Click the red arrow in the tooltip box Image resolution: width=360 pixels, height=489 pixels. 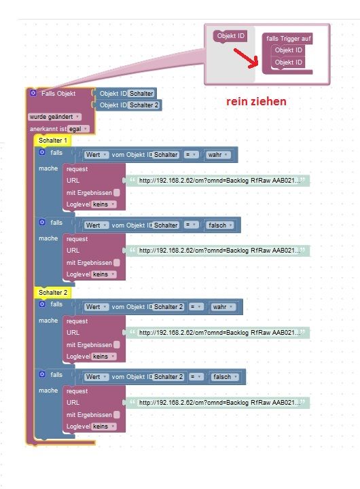[247, 58]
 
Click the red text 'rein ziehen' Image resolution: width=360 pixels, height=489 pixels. [256, 101]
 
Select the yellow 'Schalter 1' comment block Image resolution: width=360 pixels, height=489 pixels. [53, 141]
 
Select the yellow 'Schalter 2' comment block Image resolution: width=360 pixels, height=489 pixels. [53, 292]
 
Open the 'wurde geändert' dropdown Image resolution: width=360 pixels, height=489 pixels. [54, 117]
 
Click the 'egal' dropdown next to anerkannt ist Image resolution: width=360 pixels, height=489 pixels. [78, 129]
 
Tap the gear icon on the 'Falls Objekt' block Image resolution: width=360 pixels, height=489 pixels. [33, 93]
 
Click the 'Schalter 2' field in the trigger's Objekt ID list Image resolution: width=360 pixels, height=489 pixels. [144, 105]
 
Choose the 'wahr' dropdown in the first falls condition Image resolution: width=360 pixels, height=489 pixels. [217, 155]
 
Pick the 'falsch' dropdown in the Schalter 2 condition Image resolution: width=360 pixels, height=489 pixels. [225, 377]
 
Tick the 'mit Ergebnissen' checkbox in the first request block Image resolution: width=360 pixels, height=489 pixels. [117, 193]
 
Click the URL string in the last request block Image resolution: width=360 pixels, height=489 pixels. [218, 403]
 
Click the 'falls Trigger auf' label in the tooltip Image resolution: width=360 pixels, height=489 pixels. [288, 39]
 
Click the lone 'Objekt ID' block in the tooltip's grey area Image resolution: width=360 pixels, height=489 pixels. [230, 36]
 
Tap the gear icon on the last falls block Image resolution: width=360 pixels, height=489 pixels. [42, 374]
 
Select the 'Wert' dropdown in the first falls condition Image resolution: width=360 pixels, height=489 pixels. [96, 155]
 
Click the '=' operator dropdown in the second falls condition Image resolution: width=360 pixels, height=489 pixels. [191, 225]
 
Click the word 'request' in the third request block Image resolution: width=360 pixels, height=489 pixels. [77, 321]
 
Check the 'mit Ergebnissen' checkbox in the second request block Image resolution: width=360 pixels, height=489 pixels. [117, 263]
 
